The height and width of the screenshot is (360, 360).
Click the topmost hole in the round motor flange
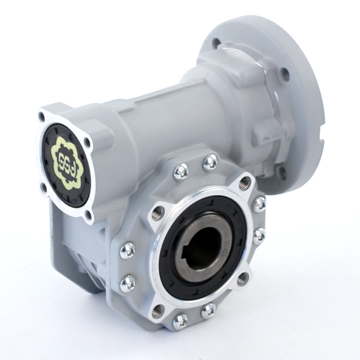pyautogui.click(x=215, y=43)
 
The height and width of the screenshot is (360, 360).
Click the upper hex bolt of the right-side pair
pyautogui.click(x=259, y=203)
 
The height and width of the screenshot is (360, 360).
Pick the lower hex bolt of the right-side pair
pyautogui.click(x=259, y=235)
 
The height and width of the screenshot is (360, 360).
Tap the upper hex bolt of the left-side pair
pyautogui.click(x=128, y=250)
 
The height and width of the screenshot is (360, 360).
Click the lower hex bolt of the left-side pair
pyautogui.click(x=128, y=282)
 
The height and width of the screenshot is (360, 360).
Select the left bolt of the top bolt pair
pyautogui.click(x=181, y=172)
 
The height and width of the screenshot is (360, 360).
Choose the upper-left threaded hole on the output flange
pyautogui.click(x=157, y=213)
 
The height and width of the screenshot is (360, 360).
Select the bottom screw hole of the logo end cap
pyautogui.click(x=89, y=213)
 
